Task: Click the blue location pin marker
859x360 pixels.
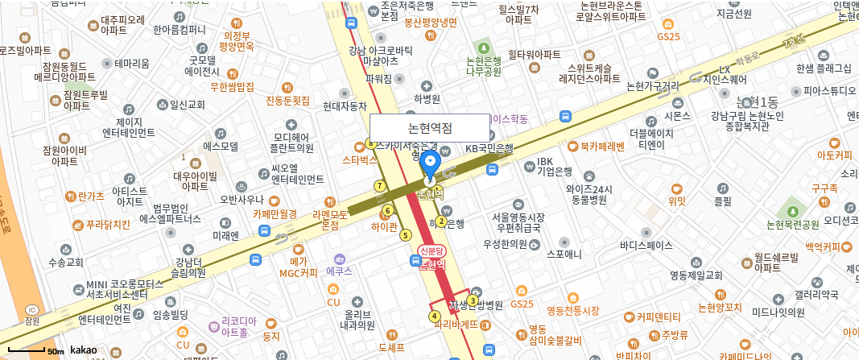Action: point(430,163)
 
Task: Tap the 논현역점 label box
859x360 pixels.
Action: point(430,128)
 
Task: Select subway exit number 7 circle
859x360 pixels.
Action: point(380,186)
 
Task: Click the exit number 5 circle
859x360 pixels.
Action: point(406,235)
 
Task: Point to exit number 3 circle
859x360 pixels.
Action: point(473,300)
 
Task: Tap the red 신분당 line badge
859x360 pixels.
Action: point(432,252)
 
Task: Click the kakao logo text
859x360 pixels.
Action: point(84,350)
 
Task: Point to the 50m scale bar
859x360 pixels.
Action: point(37,351)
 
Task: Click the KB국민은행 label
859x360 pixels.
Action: point(489,148)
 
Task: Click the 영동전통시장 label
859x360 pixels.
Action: point(572,311)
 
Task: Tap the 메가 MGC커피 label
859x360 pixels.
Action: point(298,267)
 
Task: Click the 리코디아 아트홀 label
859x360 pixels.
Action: point(239,326)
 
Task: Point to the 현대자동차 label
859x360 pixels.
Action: point(344,106)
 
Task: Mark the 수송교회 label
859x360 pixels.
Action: point(65,263)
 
